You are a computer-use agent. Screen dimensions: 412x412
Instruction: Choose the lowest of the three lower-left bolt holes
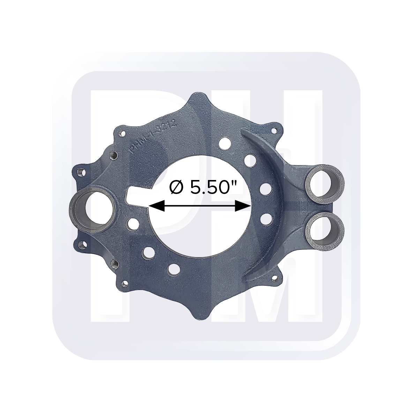pyautogui.click(x=173, y=268)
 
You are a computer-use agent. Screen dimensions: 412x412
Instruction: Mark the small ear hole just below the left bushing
pyautogui.click(x=81, y=245)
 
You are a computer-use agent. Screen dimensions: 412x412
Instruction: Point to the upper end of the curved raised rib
pyautogui.click(x=244, y=132)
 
